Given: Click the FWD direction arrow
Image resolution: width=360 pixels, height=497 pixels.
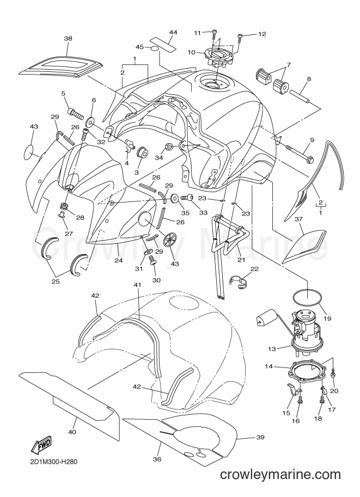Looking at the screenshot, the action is coord(41,445).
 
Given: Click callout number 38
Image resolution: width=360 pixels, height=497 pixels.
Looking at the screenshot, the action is coord(68,39).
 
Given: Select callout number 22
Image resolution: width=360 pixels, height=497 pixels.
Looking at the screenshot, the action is coord(254,269).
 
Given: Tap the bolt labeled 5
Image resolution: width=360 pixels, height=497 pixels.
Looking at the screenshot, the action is coord(75,112).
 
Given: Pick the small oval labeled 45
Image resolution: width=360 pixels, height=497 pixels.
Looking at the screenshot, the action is coord(155,48).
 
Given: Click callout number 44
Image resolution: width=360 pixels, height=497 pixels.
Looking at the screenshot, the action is coord(173,32).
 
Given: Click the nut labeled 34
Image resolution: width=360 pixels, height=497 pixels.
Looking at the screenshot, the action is coord(169,147).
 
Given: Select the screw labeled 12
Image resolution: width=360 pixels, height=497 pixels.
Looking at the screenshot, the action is coord(240,38).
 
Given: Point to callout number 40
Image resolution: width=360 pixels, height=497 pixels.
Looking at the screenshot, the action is coord(72,432).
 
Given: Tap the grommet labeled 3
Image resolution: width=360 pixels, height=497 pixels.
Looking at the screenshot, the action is coord(142,151).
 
